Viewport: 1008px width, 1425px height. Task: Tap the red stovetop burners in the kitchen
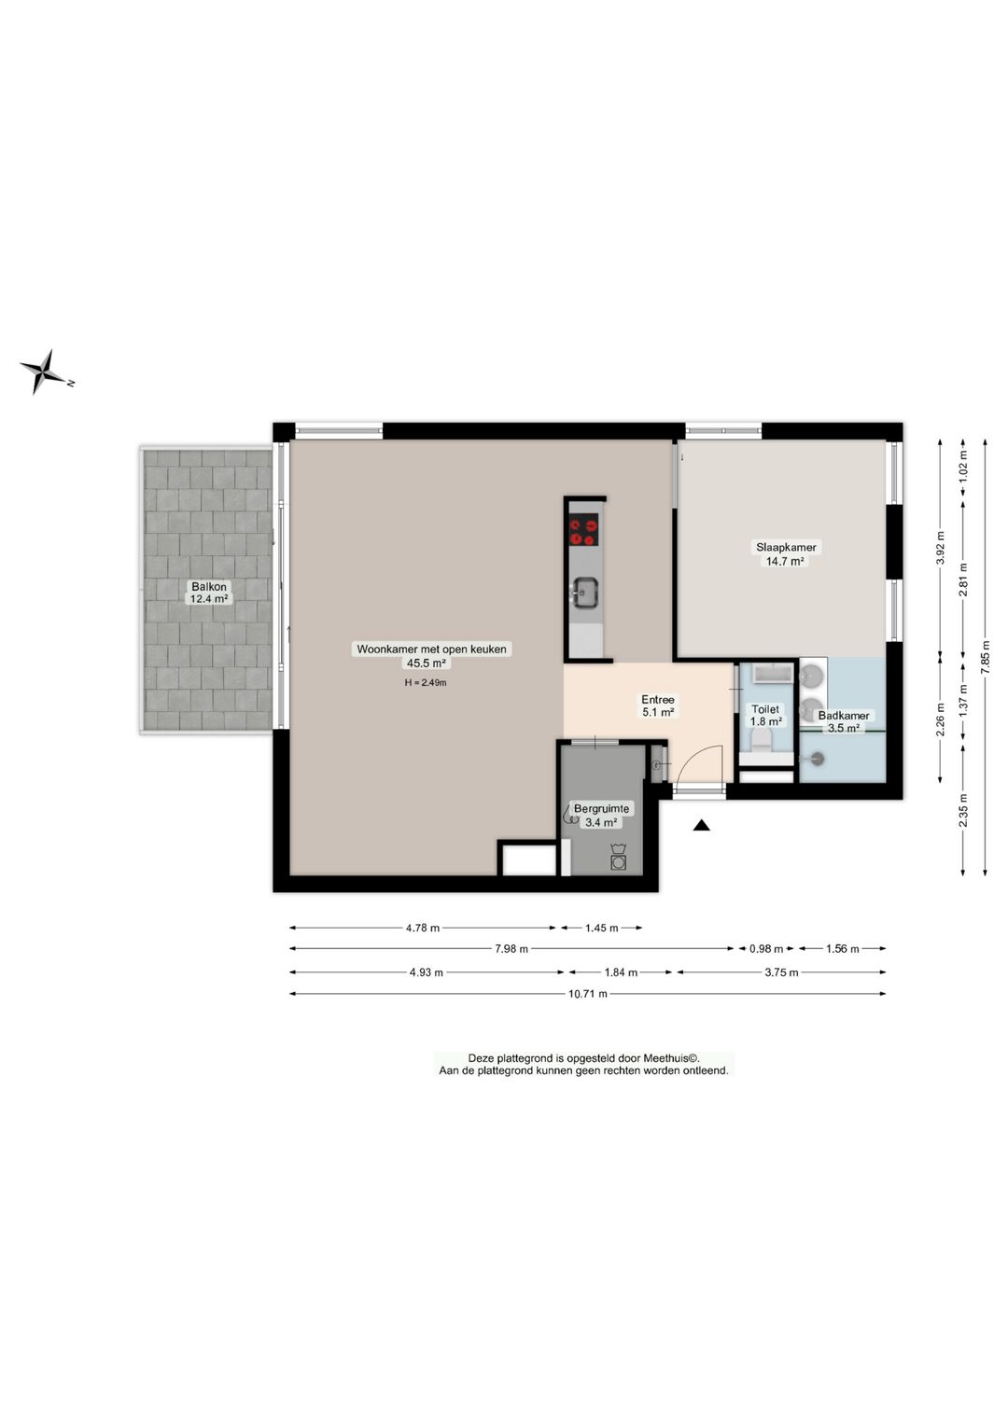pos(584,533)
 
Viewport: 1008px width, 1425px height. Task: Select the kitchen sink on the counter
pos(583,593)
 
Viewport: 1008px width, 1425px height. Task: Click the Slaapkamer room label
pos(786,547)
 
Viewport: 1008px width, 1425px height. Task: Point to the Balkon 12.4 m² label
pos(209,593)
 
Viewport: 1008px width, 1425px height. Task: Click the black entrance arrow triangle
pos(701,826)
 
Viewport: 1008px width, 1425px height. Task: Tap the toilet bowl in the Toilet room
pos(761,740)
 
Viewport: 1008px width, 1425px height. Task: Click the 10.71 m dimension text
pos(587,993)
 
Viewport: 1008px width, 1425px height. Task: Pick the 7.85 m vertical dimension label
pos(985,656)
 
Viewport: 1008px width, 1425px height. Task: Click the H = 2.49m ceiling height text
pos(426,682)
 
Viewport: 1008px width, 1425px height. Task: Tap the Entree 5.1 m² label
pos(658,706)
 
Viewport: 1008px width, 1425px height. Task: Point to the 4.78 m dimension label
pos(423,928)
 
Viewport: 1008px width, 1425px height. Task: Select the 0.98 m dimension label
pos(765,948)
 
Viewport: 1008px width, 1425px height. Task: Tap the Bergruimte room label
pos(601,808)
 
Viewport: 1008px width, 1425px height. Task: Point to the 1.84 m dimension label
pos(621,972)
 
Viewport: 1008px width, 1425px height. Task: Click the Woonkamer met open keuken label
pos(431,649)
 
